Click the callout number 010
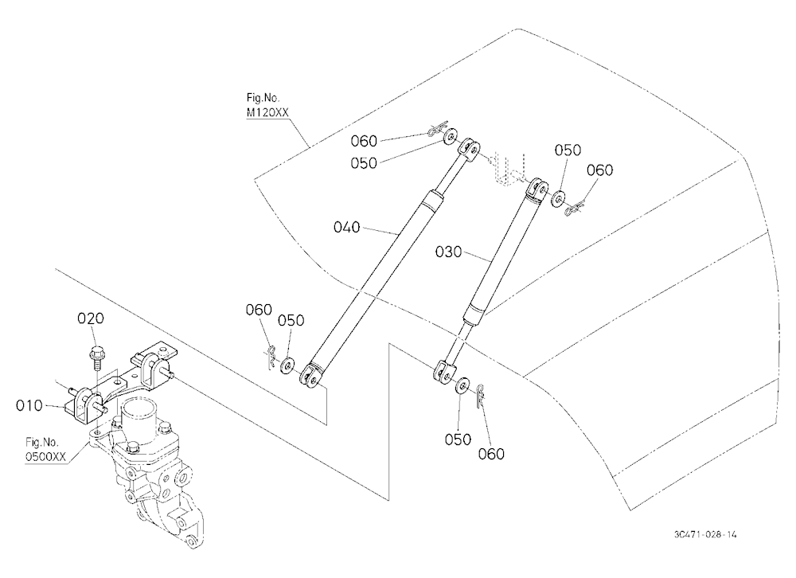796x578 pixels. pyautogui.click(x=29, y=406)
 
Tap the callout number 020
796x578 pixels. pyautogui.click(x=91, y=318)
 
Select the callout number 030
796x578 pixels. pyautogui.click(x=449, y=252)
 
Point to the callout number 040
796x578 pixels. pyautogui.click(x=347, y=227)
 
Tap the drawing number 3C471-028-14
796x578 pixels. pyautogui.click(x=705, y=534)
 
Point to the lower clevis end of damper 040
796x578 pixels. pyautogui.click(x=310, y=377)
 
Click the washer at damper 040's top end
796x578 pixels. pyautogui.click(x=450, y=136)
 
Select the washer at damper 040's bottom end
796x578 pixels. pyautogui.click(x=288, y=365)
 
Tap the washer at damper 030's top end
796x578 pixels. pyautogui.click(x=559, y=198)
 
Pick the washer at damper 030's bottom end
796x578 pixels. pyautogui.click(x=462, y=385)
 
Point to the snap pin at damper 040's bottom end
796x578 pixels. pyautogui.click(x=271, y=357)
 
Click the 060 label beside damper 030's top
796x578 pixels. pyautogui.click(x=599, y=170)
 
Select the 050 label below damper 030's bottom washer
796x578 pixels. pyautogui.click(x=458, y=439)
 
